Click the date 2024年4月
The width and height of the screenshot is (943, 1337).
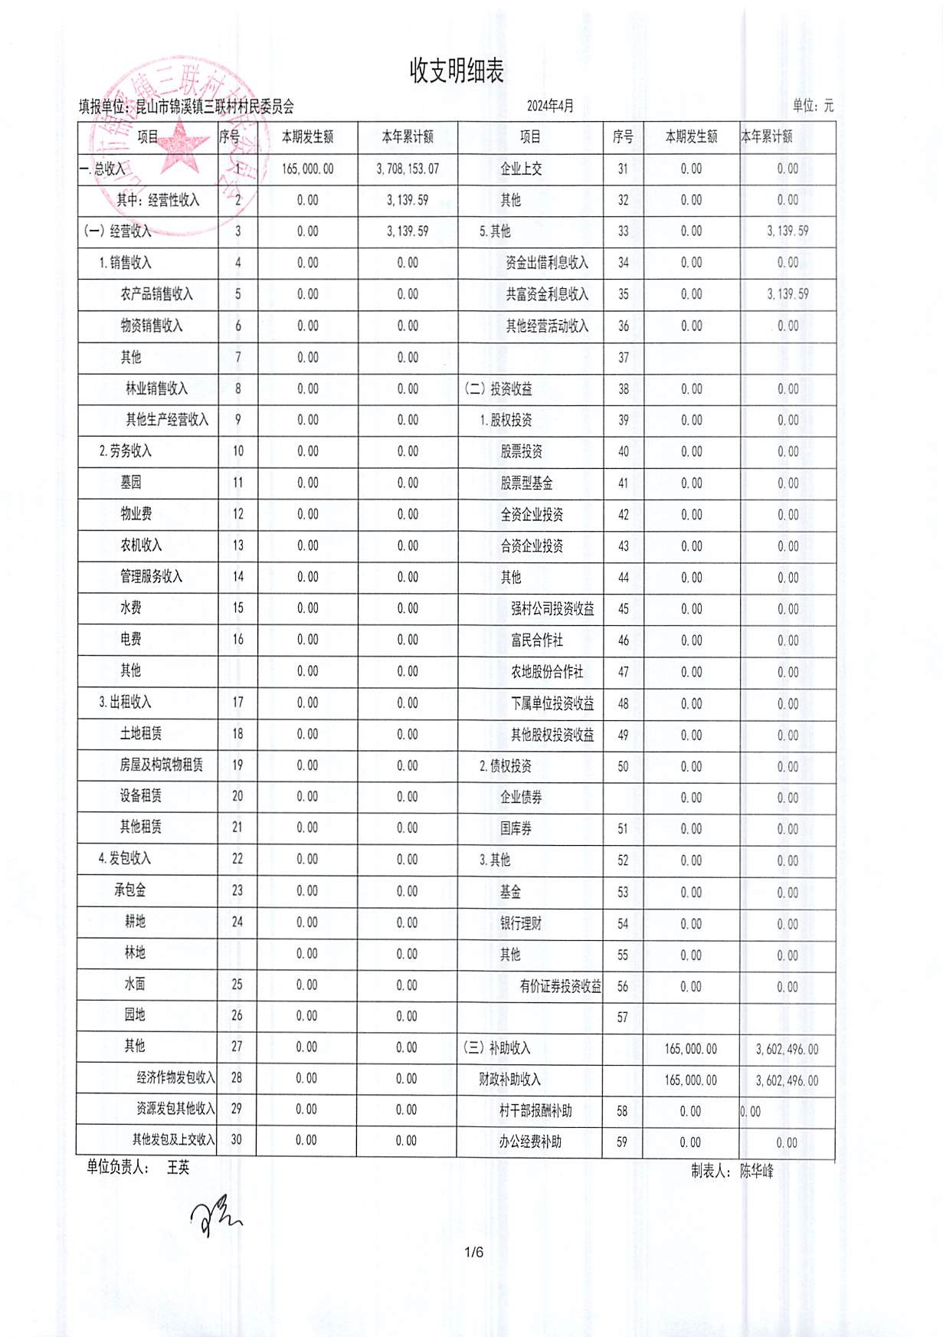coord(550,106)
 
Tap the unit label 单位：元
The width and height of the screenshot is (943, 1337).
coord(813,106)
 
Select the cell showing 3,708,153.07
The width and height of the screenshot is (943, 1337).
coord(408,169)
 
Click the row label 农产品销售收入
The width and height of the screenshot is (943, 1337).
coord(156,294)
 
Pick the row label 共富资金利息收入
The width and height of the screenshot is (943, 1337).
coord(547,294)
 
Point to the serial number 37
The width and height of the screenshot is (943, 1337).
coord(623,357)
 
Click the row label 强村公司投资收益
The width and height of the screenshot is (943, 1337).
coord(552,609)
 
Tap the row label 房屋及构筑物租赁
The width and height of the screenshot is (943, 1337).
coord(161,765)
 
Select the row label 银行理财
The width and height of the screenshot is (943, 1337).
coord(521,923)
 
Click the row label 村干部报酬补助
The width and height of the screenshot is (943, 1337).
coord(535,1110)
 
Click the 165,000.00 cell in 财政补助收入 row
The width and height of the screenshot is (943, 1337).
coord(690,1080)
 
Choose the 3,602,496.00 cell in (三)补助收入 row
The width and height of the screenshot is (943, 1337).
coord(787,1049)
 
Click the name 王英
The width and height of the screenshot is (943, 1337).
coord(178,1168)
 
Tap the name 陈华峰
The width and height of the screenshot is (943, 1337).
coord(757,1171)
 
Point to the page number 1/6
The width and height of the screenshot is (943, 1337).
coord(474,1253)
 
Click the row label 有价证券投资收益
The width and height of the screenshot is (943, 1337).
coord(560,986)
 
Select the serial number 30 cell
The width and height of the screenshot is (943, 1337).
coord(236,1140)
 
